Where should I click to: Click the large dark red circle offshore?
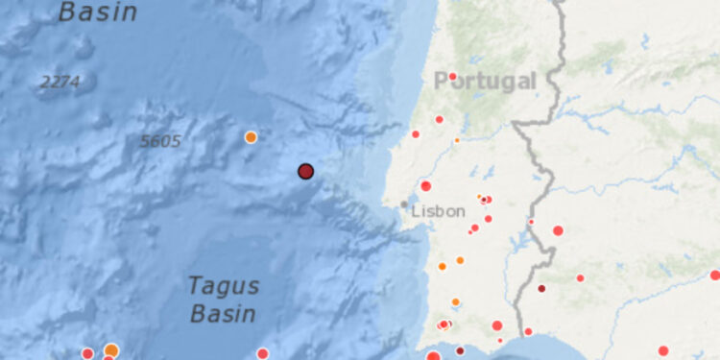click(x=305, y=171)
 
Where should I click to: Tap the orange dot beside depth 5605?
click(x=251, y=137)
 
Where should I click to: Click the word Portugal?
click(x=485, y=81)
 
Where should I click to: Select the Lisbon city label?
click(x=438, y=211)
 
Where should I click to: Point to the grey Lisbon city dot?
click(x=403, y=204)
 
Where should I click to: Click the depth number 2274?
click(x=60, y=83)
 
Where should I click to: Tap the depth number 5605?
click(x=160, y=141)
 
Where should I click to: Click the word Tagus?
click(x=223, y=285)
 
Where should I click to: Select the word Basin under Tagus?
click(x=223, y=313)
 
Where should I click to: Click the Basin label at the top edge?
click(x=98, y=12)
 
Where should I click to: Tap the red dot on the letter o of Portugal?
click(x=452, y=76)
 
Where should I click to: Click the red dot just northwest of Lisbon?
click(x=426, y=185)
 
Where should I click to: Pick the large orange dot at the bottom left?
click(x=111, y=350)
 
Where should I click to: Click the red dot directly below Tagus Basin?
click(x=262, y=353)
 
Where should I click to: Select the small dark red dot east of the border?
click(x=541, y=288)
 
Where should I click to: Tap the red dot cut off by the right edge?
click(x=715, y=275)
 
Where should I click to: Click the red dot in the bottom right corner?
click(x=663, y=350)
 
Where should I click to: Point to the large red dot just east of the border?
click(x=558, y=230)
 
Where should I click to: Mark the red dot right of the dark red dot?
click(x=580, y=278)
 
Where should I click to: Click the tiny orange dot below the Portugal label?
click(x=457, y=140)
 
